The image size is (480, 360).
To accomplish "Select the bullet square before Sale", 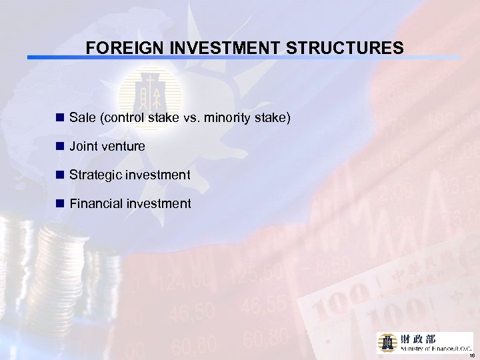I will coord(60,117).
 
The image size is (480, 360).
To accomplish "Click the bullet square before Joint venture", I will coord(60,146).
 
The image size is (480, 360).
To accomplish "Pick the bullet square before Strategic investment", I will coord(60,175).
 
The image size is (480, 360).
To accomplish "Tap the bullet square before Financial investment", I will coord(60,203).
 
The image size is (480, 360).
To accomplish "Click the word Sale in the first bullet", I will coord(81,117).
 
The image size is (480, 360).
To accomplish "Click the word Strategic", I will coord(93,175).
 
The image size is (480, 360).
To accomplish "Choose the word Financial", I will coord(94,203).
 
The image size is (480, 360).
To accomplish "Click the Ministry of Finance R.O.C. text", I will coord(436,347).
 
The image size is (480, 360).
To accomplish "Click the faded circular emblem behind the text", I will coord(150,100).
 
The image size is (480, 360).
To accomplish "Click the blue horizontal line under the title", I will coord(243,58).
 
